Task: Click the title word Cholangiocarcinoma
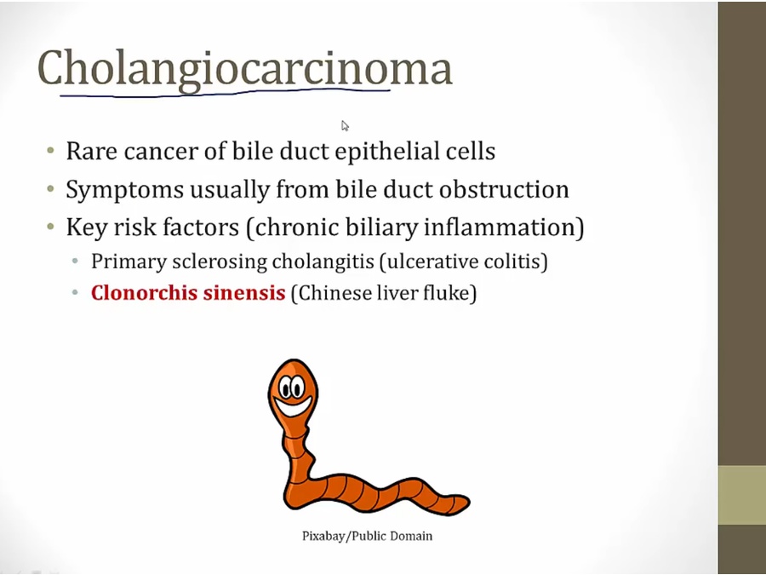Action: [x=245, y=69]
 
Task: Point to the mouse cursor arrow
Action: [x=345, y=126]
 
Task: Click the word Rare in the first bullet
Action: [x=92, y=151]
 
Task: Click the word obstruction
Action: [x=504, y=190]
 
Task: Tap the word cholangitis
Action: [x=323, y=262]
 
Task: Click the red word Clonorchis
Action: [x=144, y=293]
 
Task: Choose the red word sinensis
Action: [x=244, y=293]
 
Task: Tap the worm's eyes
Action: [x=292, y=388]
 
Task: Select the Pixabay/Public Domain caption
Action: [x=367, y=537]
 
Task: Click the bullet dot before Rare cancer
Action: [x=50, y=150]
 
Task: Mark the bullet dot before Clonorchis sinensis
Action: [x=75, y=293]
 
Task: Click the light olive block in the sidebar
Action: [x=742, y=495]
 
